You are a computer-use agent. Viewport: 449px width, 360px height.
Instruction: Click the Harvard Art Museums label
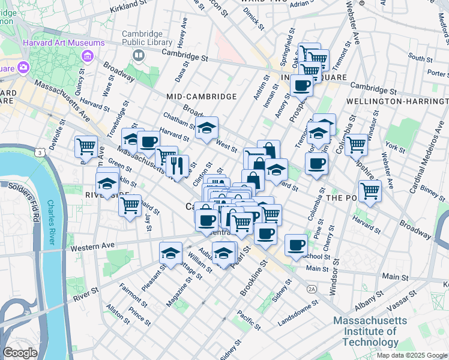[64, 43]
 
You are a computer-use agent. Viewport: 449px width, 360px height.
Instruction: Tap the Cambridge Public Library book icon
[139, 56]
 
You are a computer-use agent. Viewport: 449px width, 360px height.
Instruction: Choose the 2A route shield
[312, 289]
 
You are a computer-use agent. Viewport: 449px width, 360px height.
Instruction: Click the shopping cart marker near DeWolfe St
[86, 145]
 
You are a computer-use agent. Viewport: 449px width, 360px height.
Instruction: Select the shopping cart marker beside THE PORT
[370, 191]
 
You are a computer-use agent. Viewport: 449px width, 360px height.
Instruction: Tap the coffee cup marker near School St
[296, 245]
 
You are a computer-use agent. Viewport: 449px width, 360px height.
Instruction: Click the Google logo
[20, 353]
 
